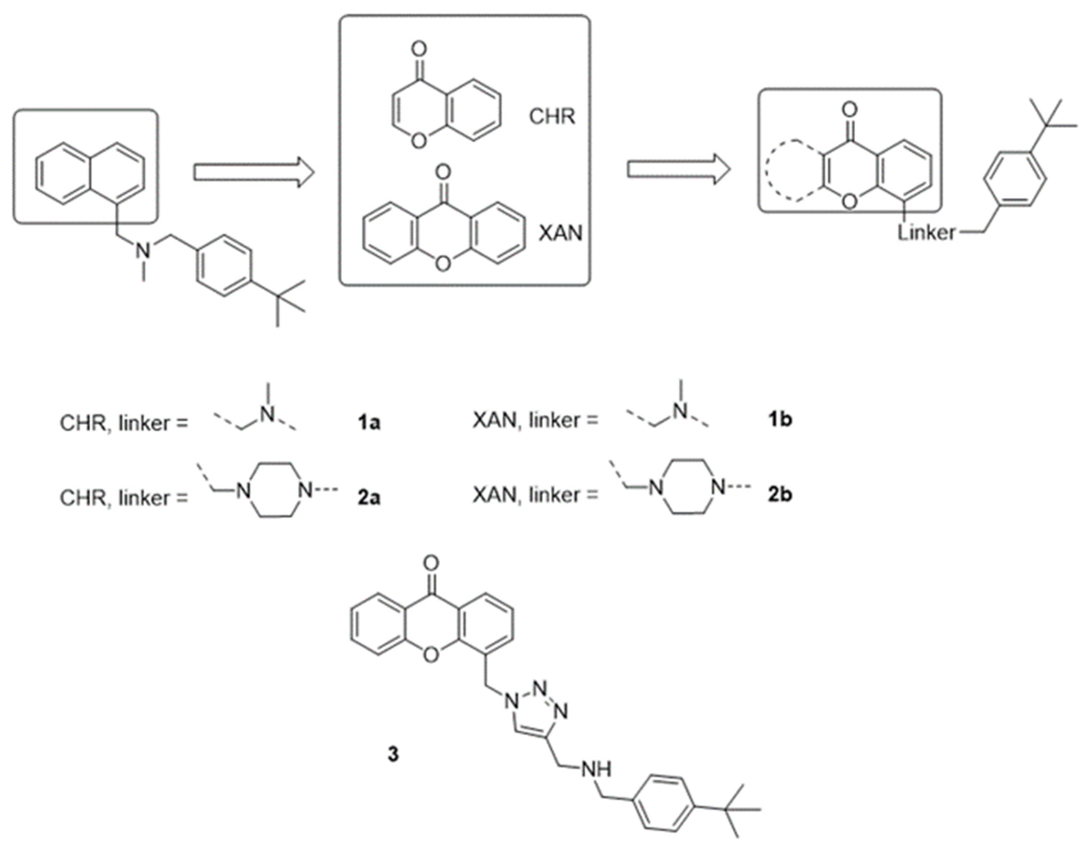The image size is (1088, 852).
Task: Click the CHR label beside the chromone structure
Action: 552,117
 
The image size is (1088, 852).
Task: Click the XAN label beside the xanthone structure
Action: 560,233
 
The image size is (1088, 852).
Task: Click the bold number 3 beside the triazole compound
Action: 394,754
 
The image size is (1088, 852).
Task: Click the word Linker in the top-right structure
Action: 927,233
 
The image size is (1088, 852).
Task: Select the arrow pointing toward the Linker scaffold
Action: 679,170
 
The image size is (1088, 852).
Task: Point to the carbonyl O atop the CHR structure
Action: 420,49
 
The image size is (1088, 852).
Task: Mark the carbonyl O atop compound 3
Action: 431,564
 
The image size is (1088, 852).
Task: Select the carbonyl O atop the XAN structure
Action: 443,173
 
